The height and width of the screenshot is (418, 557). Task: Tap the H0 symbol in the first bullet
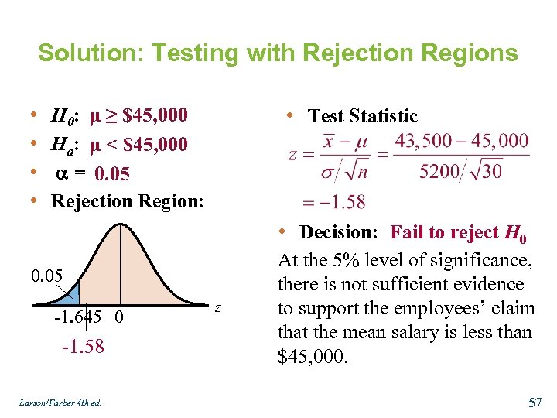62,117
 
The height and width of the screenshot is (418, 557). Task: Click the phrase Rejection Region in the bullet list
126,201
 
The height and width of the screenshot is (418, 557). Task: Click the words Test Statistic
362,117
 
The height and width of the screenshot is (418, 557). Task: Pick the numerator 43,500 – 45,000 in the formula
462,141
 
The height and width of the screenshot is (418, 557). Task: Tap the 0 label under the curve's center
119,318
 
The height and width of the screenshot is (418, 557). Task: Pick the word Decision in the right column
338,232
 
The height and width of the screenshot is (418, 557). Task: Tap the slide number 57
535,403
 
